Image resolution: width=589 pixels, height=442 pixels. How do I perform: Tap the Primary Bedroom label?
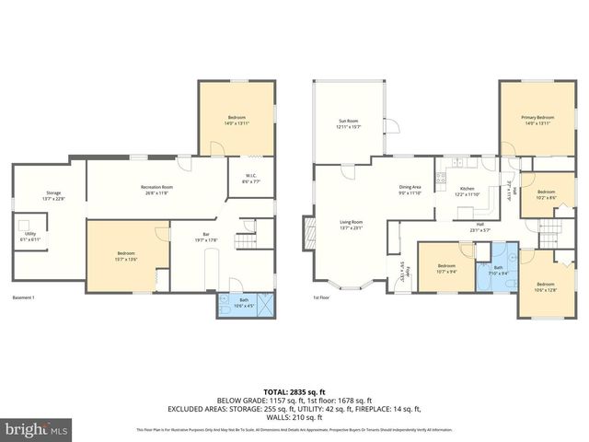pyautogui.click(x=537, y=120)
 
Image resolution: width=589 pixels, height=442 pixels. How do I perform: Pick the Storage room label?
pyautogui.click(x=53, y=195)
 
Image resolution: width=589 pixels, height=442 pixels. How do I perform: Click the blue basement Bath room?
pyautogui.click(x=244, y=305)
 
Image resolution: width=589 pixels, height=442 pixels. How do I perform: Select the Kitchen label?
pyautogui.click(x=467, y=191)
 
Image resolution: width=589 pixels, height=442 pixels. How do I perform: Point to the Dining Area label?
pyautogui.click(x=410, y=190)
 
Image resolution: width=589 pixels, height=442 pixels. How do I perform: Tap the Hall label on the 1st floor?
pyautogui.click(x=479, y=227)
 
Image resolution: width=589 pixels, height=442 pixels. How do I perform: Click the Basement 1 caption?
pyautogui.click(x=23, y=297)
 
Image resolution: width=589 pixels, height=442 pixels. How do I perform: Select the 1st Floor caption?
pyautogui.click(x=320, y=297)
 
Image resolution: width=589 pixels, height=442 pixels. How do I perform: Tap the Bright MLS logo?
pyautogui.click(x=37, y=428)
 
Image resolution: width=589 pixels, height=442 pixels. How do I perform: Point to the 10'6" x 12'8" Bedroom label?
pyautogui.click(x=545, y=287)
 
